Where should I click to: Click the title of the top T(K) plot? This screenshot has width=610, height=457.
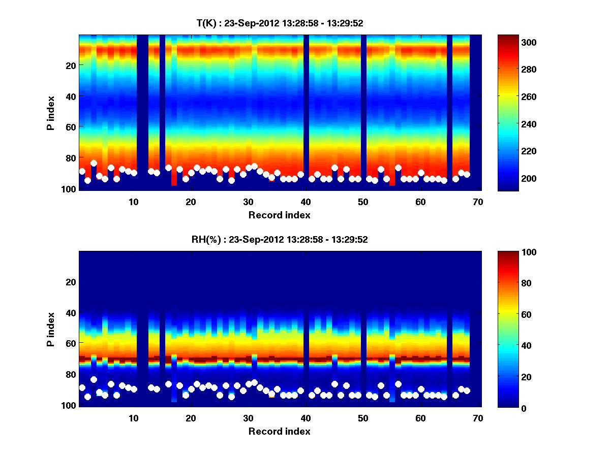point(280,23)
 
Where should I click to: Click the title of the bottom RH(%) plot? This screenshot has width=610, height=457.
point(280,240)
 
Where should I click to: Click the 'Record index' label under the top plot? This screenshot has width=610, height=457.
point(280,215)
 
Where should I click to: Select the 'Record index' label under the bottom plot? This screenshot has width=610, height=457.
point(280,431)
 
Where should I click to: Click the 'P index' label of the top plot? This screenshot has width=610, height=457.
point(51,113)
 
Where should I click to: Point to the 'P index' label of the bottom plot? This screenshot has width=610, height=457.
point(51,329)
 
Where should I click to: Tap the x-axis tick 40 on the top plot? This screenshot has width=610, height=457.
point(306,201)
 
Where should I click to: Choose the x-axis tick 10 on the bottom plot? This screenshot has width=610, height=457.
point(134,418)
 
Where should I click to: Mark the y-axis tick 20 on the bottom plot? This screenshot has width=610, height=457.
point(71,282)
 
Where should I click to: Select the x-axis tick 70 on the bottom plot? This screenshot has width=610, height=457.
point(478,418)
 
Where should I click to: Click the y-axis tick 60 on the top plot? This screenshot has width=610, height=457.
point(71,127)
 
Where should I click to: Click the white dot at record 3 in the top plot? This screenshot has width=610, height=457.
point(94,164)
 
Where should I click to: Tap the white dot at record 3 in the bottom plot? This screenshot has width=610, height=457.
point(94,379)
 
